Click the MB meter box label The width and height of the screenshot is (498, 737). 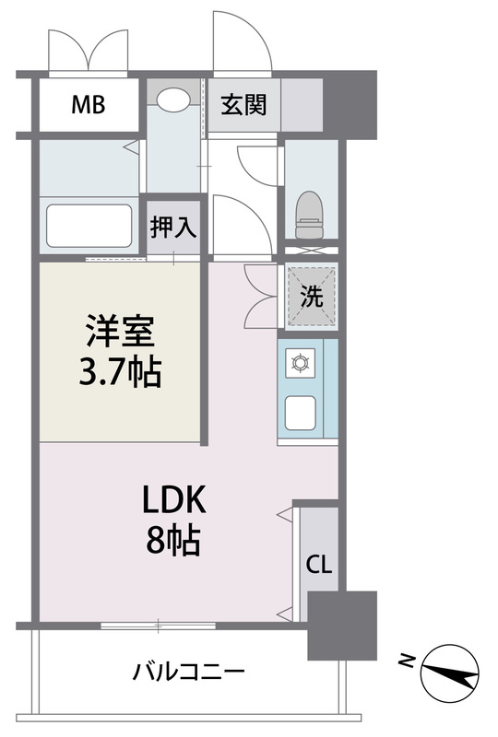tap(89, 104)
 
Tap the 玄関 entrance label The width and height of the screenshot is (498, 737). tap(243, 104)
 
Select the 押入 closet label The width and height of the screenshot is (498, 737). tap(173, 227)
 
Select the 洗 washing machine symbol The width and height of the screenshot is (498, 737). tap(312, 298)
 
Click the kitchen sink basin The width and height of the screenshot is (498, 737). tap(302, 413)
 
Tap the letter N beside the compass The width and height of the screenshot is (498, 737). tap(406, 660)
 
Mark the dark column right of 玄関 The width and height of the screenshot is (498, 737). tap(350, 103)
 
